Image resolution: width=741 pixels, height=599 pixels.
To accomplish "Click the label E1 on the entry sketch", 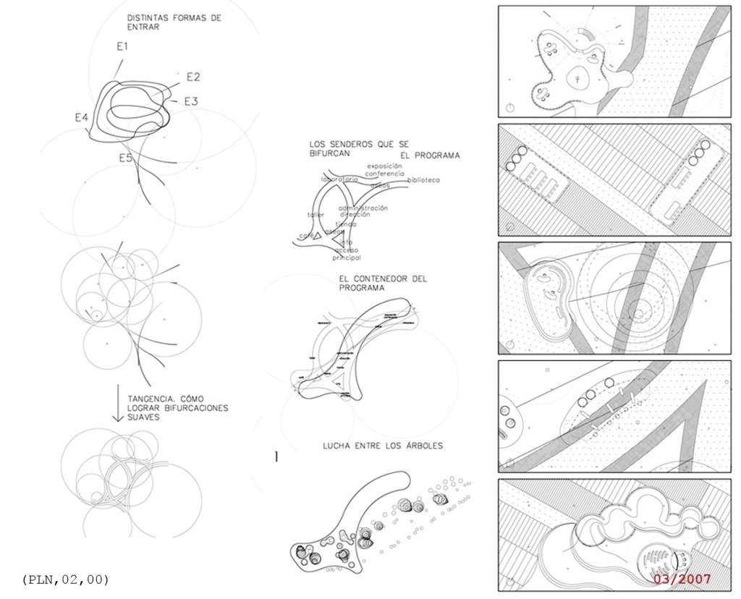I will coord(122,46).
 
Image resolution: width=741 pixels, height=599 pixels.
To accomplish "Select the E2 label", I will coord(193,77).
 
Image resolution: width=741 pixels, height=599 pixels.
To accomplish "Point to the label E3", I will coord(190,101).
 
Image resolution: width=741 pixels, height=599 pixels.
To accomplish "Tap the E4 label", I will coord(81,117).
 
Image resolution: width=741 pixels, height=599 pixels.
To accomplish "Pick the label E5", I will coord(125,157).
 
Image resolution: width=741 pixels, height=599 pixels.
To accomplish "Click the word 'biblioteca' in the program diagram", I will coord(423,180).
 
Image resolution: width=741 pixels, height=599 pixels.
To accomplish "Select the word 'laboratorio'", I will coord(340,179).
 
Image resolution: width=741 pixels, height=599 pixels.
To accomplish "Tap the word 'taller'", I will coord(315,216).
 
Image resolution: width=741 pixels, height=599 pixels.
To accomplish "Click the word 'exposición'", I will coord(384,166).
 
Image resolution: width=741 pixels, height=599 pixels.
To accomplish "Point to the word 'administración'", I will coord(363,208).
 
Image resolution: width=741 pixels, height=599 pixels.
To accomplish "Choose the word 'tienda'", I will coord(346,224).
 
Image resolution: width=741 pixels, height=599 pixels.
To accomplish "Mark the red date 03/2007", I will coord(682,579).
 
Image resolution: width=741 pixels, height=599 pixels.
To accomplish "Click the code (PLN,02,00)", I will coord(66,579).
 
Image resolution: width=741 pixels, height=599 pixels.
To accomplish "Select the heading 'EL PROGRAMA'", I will coord(430,156).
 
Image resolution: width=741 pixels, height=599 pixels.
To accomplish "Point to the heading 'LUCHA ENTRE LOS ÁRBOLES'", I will coord(382,446).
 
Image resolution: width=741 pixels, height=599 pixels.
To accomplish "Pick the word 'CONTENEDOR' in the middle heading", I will coord(383,278).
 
